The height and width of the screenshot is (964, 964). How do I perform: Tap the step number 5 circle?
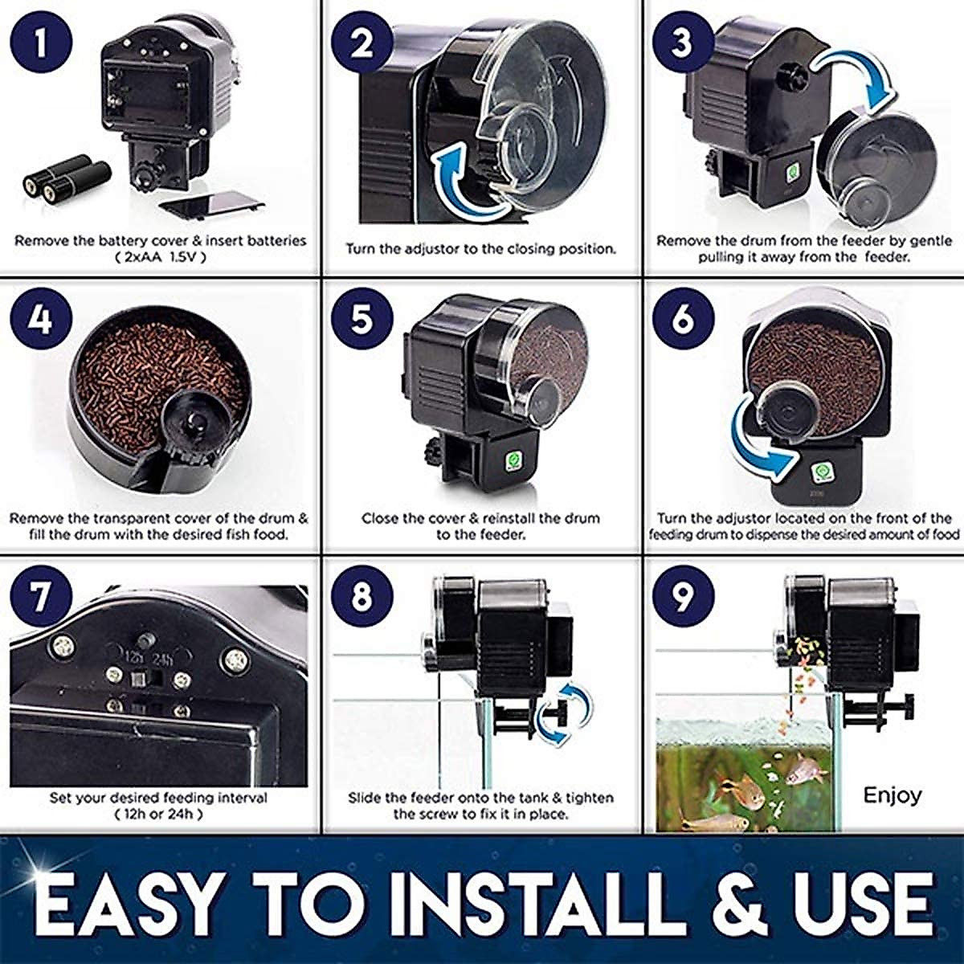(362, 319)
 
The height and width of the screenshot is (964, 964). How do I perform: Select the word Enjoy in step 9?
(892, 795)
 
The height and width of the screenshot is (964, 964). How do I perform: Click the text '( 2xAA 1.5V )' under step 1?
(160, 258)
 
